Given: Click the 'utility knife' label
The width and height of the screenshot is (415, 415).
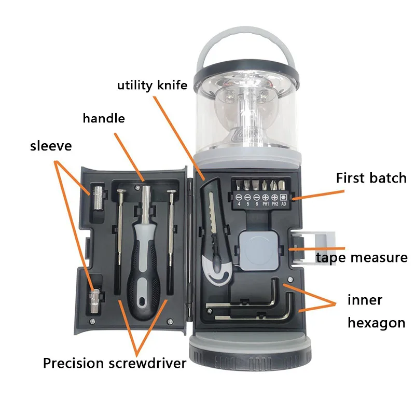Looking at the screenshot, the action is [151, 85].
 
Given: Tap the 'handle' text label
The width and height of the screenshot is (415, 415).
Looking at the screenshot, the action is [104, 118].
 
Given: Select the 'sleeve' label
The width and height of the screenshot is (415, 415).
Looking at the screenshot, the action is [51, 146].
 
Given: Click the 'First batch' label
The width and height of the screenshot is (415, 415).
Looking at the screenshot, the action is [371, 178].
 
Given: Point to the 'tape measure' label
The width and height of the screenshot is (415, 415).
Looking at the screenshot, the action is [362, 257].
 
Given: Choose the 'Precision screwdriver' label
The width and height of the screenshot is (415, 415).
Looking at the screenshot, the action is [114, 363].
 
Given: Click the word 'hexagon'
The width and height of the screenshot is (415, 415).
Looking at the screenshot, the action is [376, 323].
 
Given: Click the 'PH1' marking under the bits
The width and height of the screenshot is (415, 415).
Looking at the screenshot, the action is [265, 204].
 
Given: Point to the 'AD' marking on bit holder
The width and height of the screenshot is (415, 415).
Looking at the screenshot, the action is [283, 204].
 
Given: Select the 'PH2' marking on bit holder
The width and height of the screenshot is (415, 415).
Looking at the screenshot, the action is [274, 204].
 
